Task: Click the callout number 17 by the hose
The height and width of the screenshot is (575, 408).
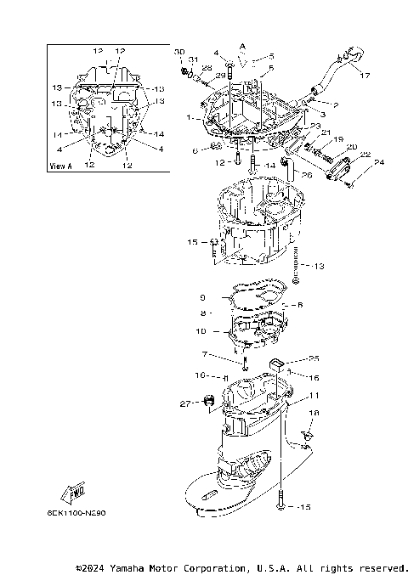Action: pyautogui.click(x=365, y=75)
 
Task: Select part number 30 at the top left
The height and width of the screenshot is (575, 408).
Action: pyautogui.click(x=179, y=53)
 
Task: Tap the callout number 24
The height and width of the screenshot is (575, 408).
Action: pyautogui.click(x=380, y=162)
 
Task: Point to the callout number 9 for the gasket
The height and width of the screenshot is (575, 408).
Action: pyautogui.click(x=202, y=297)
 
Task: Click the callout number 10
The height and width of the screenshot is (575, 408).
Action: pyautogui.click(x=201, y=331)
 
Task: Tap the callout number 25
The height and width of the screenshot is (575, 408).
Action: pyautogui.click(x=290, y=358)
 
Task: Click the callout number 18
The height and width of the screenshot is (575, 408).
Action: pyautogui.click(x=314, y=413)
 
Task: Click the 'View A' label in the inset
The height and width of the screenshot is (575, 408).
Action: pyautogui.click(x=59, y=166)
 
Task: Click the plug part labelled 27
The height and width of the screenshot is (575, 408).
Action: pyautogui.click(x=207, y=401)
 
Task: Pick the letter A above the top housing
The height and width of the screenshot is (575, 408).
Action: pyautogui.click(x=241, y=44)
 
